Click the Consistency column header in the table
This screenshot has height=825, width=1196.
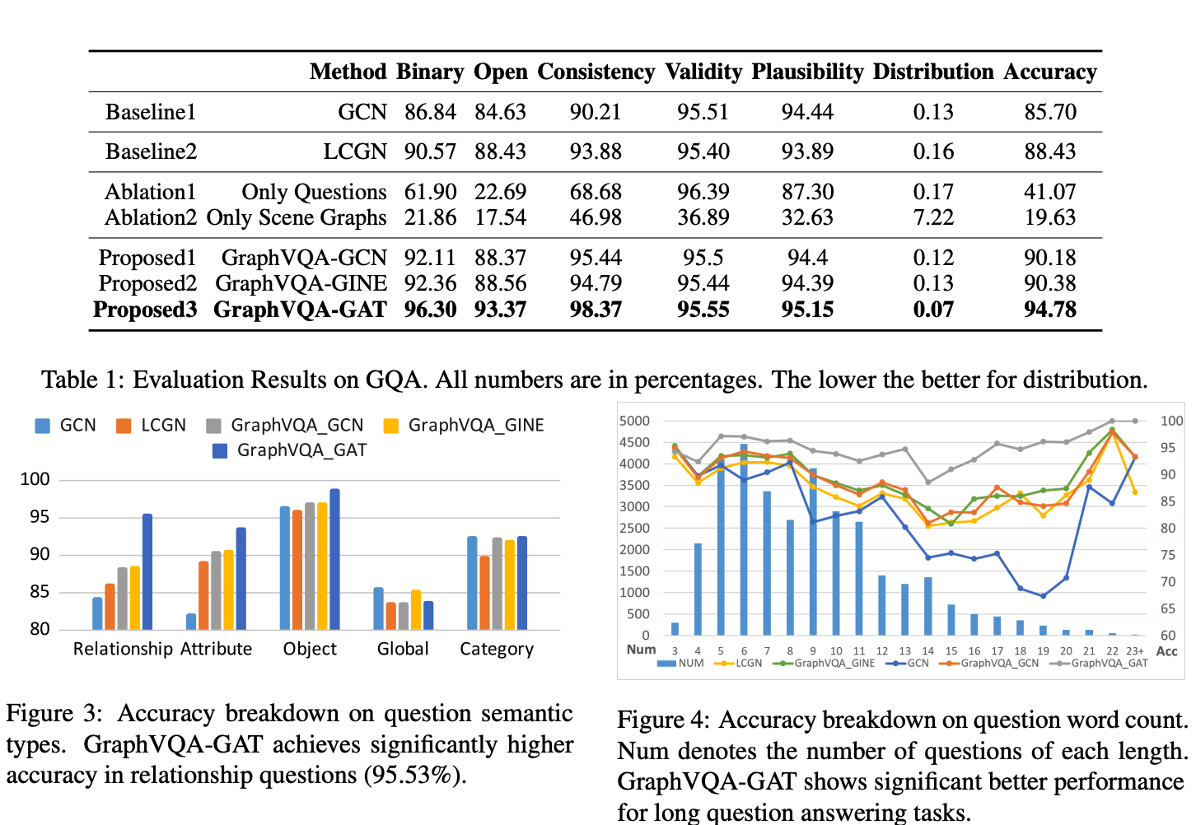pyautogui.click(x=596, y=72)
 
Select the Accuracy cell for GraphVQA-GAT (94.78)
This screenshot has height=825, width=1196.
pyautogui.click(x=1049, y=310)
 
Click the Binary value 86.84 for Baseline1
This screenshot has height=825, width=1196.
pyautogui.click(x=430, y=112)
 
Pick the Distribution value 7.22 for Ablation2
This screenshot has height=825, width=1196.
pyautogui.click(x=932, y=217)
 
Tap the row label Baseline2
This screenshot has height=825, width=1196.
pyautogui.click(x=151, y=151)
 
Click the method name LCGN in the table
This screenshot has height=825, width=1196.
pyautogui.click(x=354, y=151)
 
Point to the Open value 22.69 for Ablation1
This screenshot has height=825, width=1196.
pyautogui.click(x=500, y=192)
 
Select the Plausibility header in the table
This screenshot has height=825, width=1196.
pyautogui.click(x=806, y=72)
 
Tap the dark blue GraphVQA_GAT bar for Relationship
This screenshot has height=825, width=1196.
pyautogui.click(x=147, y=571)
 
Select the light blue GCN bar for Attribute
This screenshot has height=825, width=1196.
pyautogui.click(x=191, y=621)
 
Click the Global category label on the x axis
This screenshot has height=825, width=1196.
pyautogui.click(x=403, y=649)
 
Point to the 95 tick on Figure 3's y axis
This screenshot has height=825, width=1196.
pyautogui.click(x=40, y=517)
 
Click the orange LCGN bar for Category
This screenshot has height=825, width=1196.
pyautogui.click(x=484, y=593)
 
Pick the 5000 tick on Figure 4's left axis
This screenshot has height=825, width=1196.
pyautogui.click(x=634, y=421)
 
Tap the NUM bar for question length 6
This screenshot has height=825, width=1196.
pyautogui.click(x=744, y=539)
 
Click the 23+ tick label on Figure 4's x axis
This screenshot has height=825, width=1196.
pyautogui.click(x=1134, y=650)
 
